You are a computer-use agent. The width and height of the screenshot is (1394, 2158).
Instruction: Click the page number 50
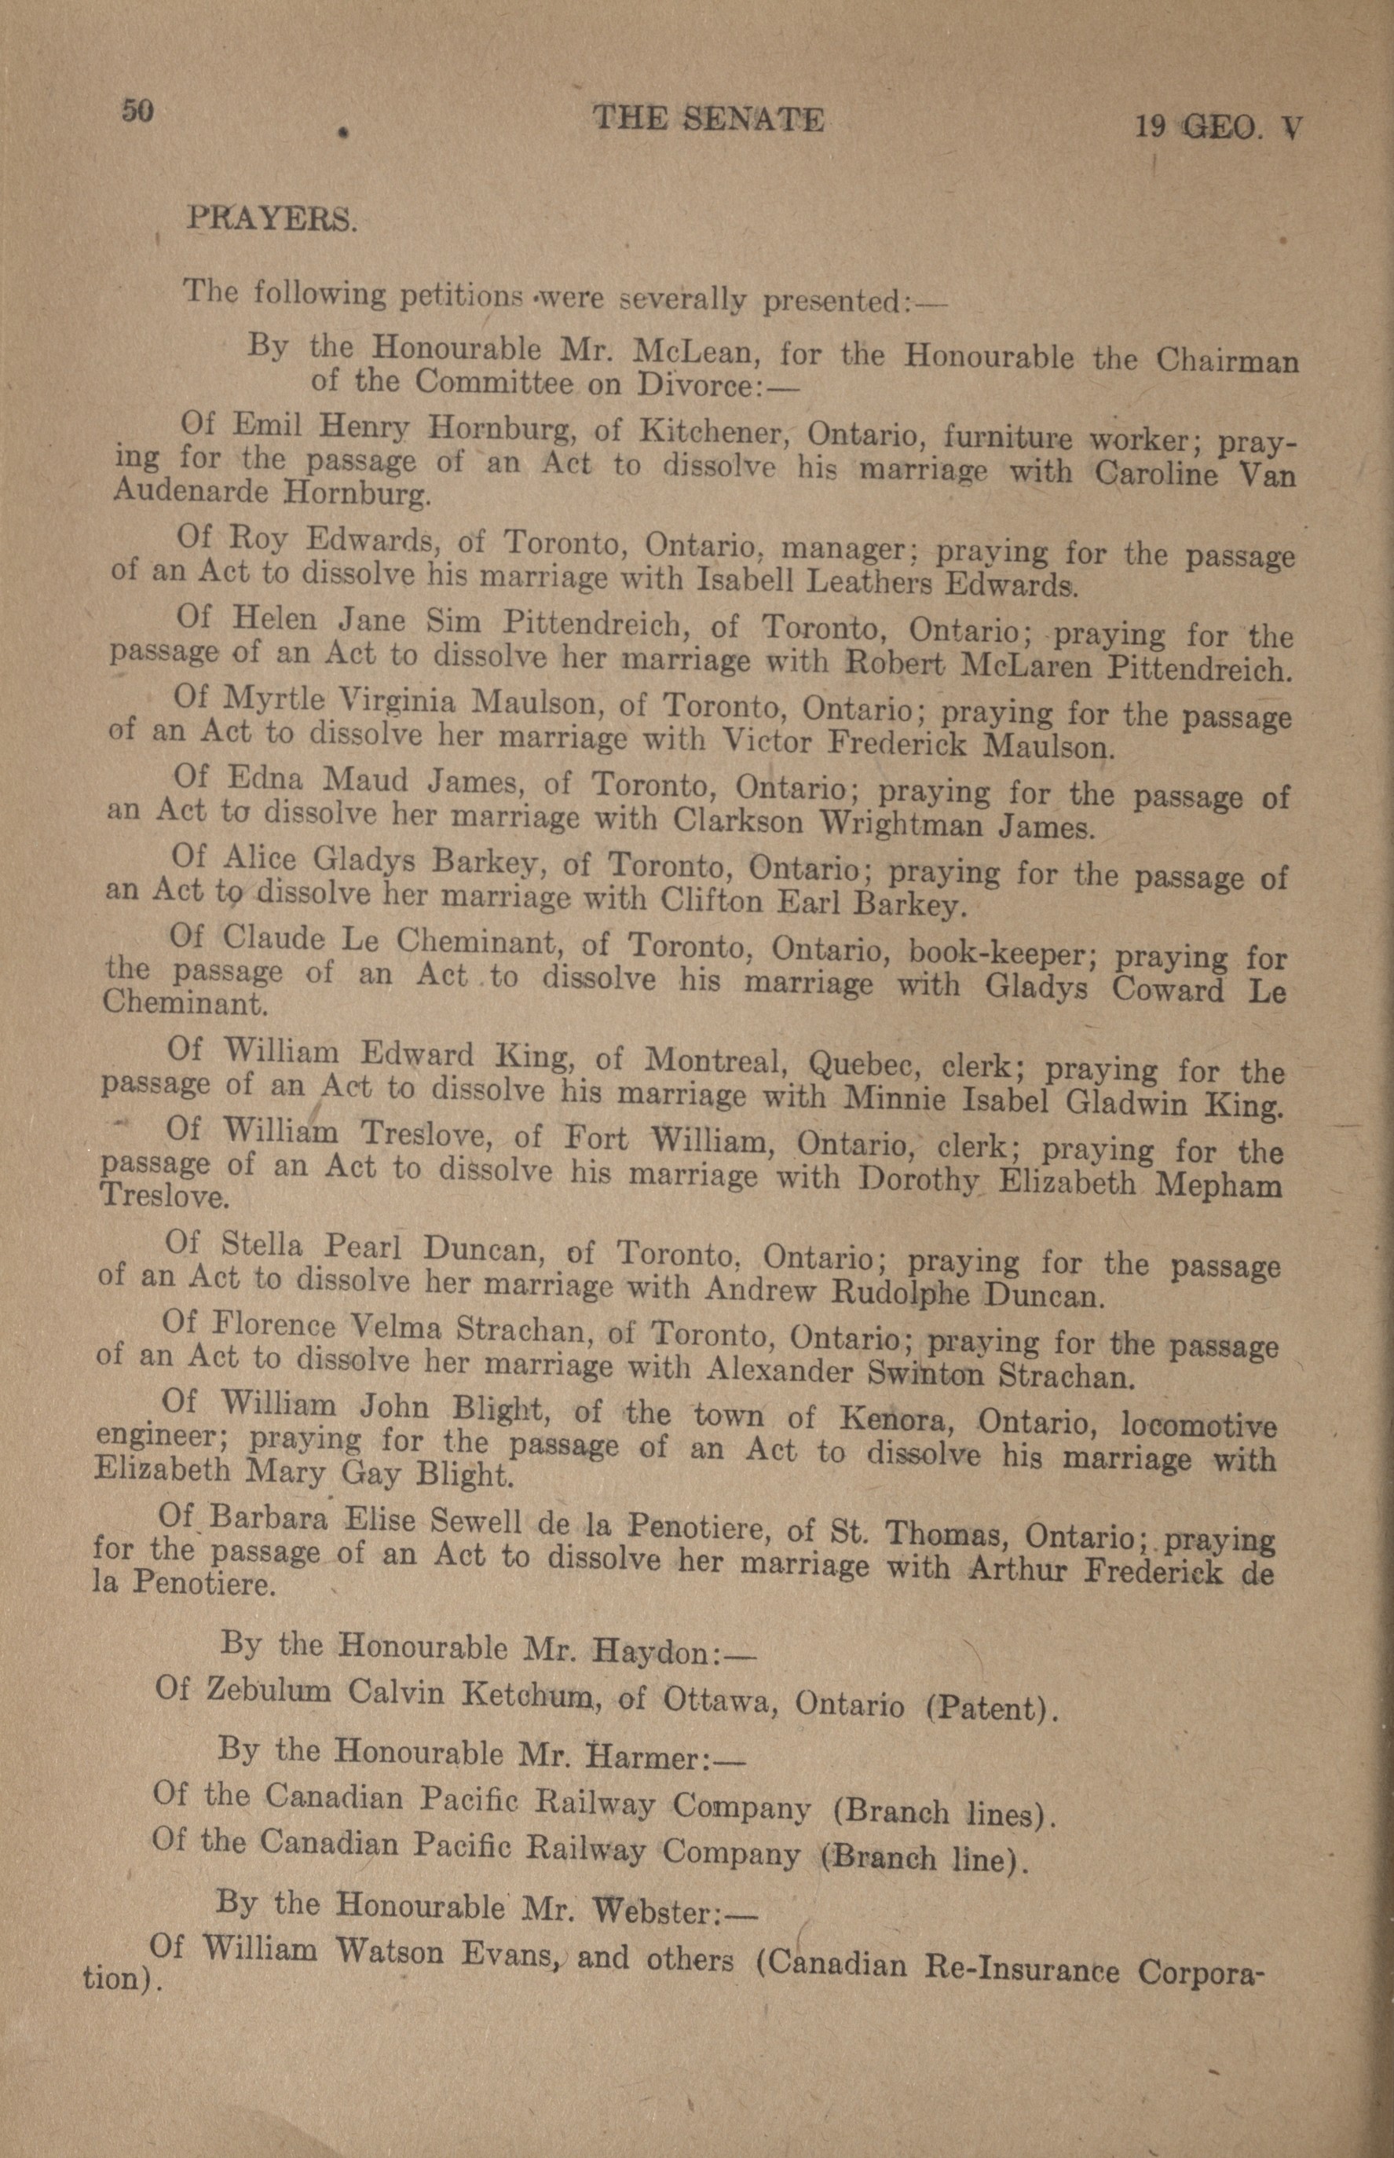[x=137, y=111]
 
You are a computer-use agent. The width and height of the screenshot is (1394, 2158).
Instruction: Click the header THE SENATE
[x=708, y=119]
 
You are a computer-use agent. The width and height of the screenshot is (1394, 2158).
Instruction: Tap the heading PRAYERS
[x=271, y=219]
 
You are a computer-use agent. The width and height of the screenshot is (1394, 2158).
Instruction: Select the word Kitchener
[x=716, y=430]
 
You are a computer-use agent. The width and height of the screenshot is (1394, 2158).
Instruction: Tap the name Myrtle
[x=269, y=697]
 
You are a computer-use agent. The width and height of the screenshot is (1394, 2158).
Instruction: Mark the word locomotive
[x=1198, y=1425]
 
